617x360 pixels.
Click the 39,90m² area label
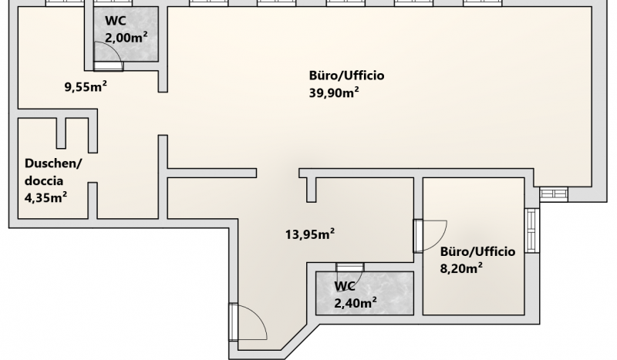(x=334, y=93)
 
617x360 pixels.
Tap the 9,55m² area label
(x=86, y=86)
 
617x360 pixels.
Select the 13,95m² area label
(x=310, y=234)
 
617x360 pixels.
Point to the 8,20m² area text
(x=461, y=268)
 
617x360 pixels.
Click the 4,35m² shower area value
(x=46, y=197)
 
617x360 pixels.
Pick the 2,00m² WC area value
(x=126, y=37)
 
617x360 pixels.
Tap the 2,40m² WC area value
(x=356, y=302)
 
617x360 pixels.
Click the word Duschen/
(x=53, y=163)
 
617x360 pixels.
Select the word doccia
(x=44, y=180)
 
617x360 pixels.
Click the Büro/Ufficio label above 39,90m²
(x=346, y=75)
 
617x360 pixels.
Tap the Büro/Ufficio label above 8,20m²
(x=477, y=251)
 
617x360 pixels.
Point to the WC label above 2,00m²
(x=115, y=21)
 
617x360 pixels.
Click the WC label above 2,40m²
(x=345, y=286)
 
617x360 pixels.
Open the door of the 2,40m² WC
(x=350, y=272)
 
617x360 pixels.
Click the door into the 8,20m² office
(x=430, y=236)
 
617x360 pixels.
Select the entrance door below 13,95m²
(x=248, y=321)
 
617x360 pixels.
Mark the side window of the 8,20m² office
(x=531, y=230)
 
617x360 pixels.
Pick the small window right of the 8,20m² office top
(x=553, y=194)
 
